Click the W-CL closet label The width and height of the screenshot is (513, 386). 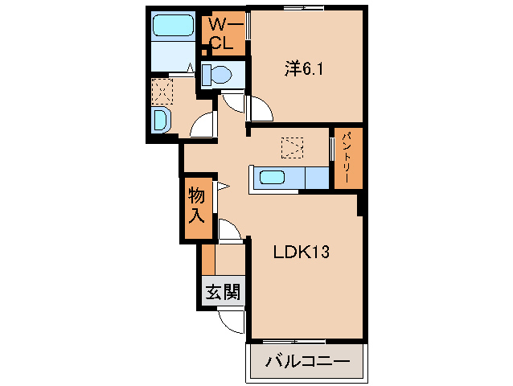(222, 34)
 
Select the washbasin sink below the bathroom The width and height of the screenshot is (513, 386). (161, 121)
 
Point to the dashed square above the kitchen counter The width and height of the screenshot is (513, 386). (291, 148)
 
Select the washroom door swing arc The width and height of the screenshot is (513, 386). (205, 124)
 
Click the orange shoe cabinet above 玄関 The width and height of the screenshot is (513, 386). (208, 260)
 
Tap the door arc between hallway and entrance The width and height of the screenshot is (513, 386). (230, 231)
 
